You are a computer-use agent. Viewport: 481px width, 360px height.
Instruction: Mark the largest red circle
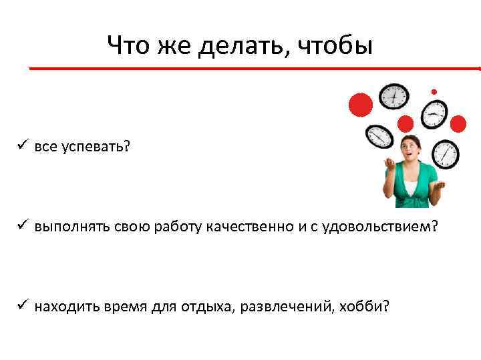point(360,105)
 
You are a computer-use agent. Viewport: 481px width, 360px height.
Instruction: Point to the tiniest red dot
point(434,91)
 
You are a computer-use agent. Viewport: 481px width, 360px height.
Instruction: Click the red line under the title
point(254,68)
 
